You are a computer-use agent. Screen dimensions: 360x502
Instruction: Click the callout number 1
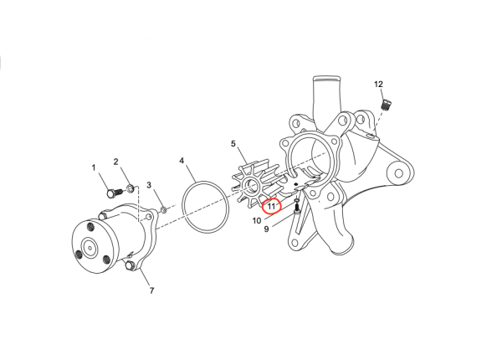click(94, 167)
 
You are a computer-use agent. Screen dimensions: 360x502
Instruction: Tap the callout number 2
click(116, 162)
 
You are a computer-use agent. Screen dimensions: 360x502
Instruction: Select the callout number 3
click(149, 185)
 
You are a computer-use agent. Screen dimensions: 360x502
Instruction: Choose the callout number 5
click(233, 144)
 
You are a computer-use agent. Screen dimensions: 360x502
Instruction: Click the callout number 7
click(151, 291)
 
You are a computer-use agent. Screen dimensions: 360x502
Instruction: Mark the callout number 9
click(266, 229)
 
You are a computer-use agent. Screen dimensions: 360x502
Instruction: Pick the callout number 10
click(258, 221)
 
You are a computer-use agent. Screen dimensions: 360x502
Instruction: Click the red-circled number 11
click(272, 206)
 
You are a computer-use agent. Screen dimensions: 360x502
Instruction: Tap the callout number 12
click(378, 85)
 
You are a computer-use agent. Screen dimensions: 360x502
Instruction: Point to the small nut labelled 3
click(163, 206)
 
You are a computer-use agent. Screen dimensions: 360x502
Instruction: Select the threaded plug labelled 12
click(387, 105)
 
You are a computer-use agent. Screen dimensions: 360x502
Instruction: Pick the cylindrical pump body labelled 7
click(109, 239)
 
